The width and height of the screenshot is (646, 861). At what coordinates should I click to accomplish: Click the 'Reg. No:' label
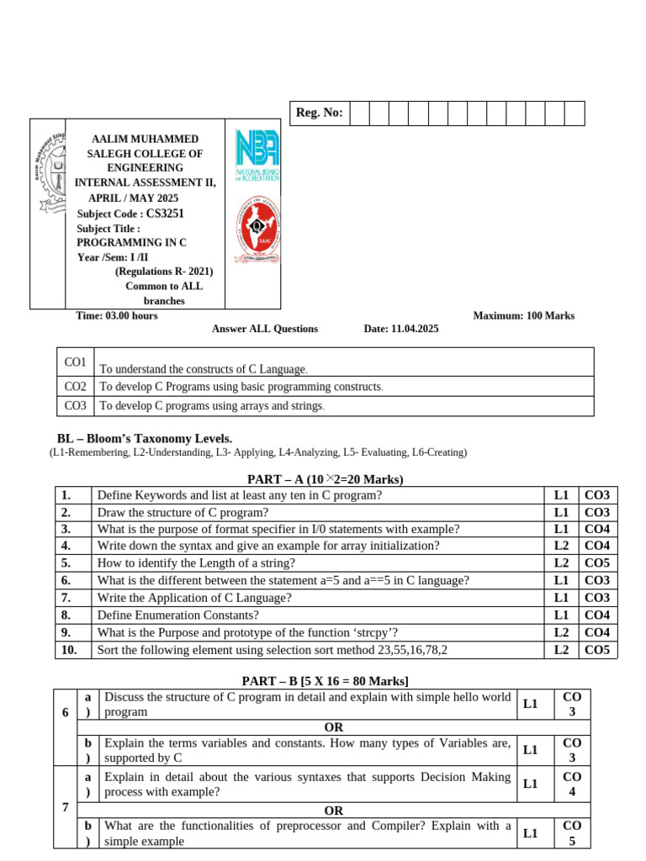click(x=319, y=113)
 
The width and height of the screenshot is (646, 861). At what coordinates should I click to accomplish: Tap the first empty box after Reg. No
click(x=358, y=113)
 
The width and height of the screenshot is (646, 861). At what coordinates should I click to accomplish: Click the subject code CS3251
click(x=165, y=214)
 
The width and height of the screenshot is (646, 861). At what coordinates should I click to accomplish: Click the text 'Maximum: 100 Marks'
click(x=523, y=315)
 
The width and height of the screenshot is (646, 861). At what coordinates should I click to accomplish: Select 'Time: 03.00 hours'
click(x=117, y=315)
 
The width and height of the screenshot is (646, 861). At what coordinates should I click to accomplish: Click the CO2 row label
click(x=76, y=387)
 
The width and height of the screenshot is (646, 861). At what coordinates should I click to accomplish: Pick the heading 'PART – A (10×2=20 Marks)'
click(x=325, y=479)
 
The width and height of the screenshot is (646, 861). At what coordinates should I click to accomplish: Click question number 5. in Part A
click(x=66, y=563)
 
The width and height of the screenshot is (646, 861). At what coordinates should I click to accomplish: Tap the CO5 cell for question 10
click(x=596, y=649)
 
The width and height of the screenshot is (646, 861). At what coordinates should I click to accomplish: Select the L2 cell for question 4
click(x=561, y=546)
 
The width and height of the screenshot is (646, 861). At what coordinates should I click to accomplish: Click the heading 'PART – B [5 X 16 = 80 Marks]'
click(x=325, y=680)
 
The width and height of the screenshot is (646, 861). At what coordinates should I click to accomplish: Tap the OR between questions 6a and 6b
click(x=334, y=726)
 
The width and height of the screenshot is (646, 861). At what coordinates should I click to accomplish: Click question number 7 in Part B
click(x=66, y=807)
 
